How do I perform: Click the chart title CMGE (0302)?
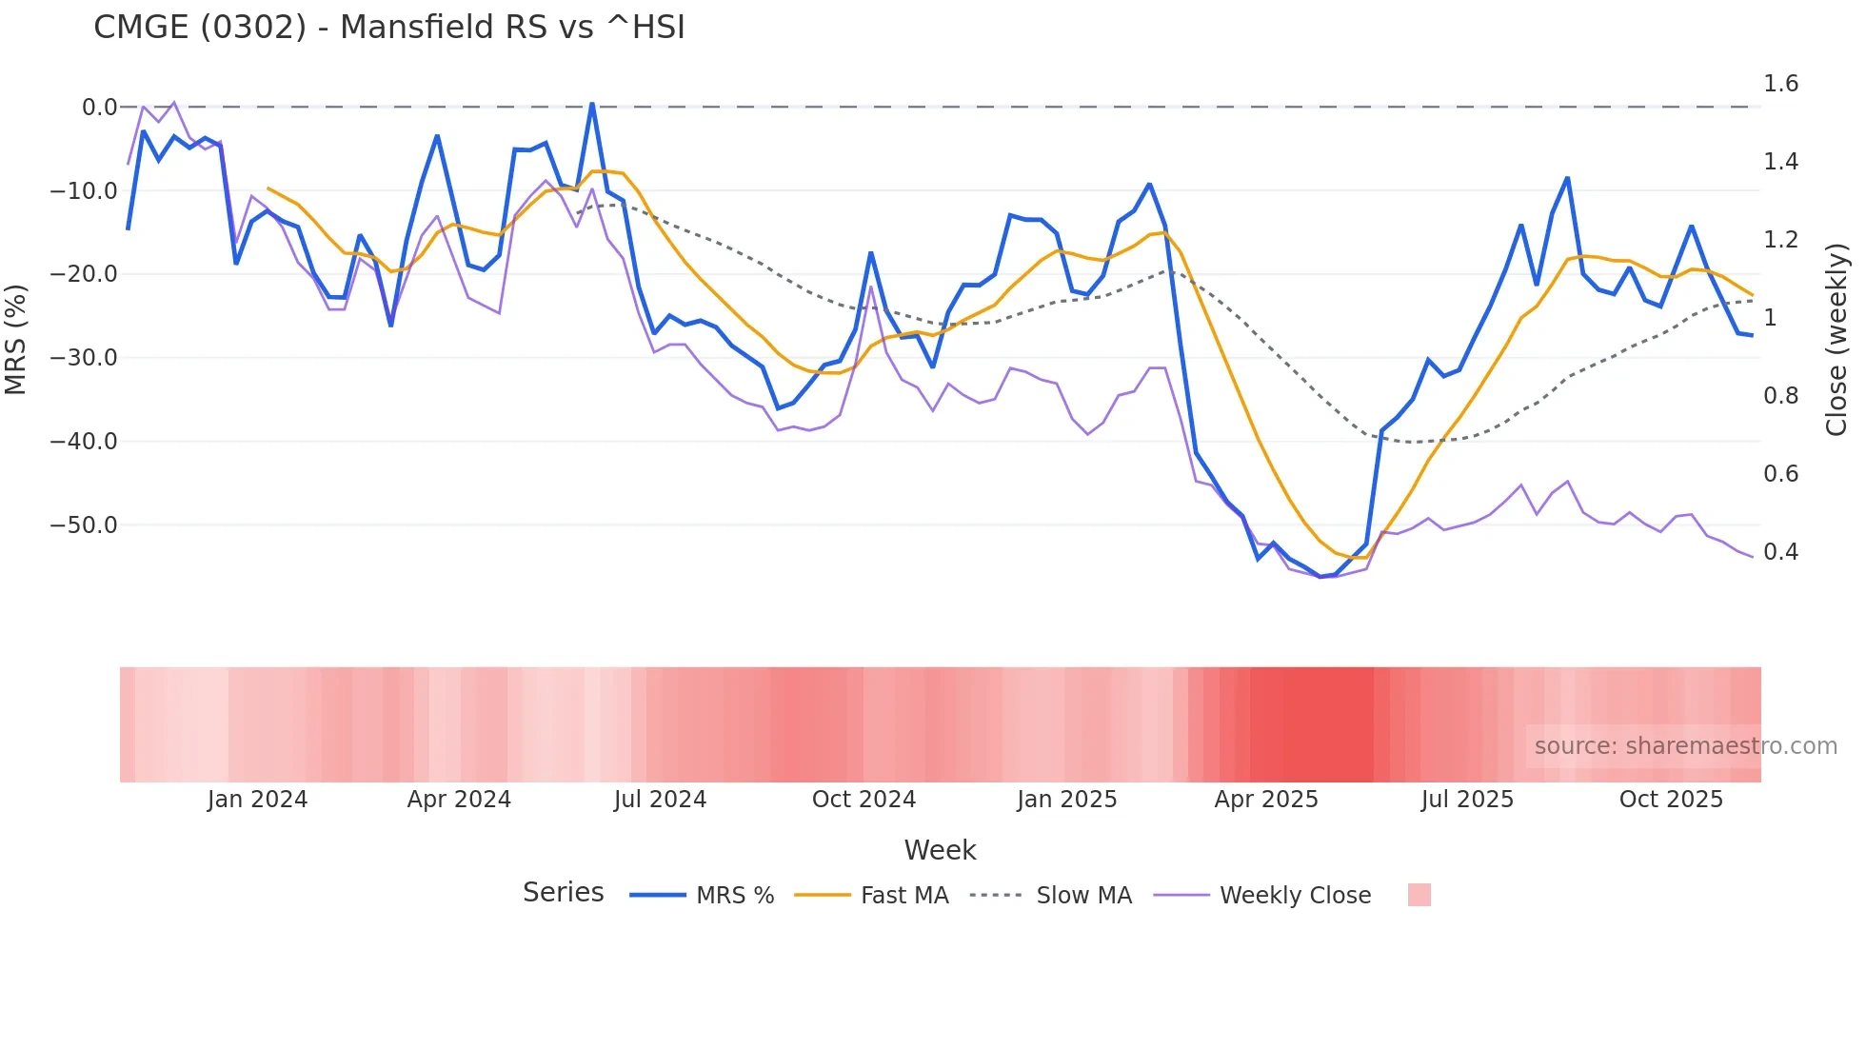(x=388, y=28)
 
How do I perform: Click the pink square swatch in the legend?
(x=1419, y=895)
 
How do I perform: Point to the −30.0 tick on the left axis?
(x=84, y=358)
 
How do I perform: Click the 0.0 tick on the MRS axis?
(x=99, y=108)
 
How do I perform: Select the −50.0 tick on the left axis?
(x=84, y=525)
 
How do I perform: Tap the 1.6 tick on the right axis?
(x=1780, y=84)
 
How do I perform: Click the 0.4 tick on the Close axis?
(x=1780, y=552)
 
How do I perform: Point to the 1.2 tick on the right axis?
(x=1780, y=240)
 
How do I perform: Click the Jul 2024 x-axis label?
(x=660, y=800)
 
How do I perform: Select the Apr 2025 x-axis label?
(x=1266, y=800)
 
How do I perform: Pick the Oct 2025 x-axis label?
(x=1671, y=800)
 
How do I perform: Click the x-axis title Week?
(x=940, y=850)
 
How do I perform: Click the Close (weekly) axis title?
(x=1836, y=340)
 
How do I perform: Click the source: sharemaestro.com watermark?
(x=1685, y=746)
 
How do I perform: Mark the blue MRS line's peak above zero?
(x=592, y=104)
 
